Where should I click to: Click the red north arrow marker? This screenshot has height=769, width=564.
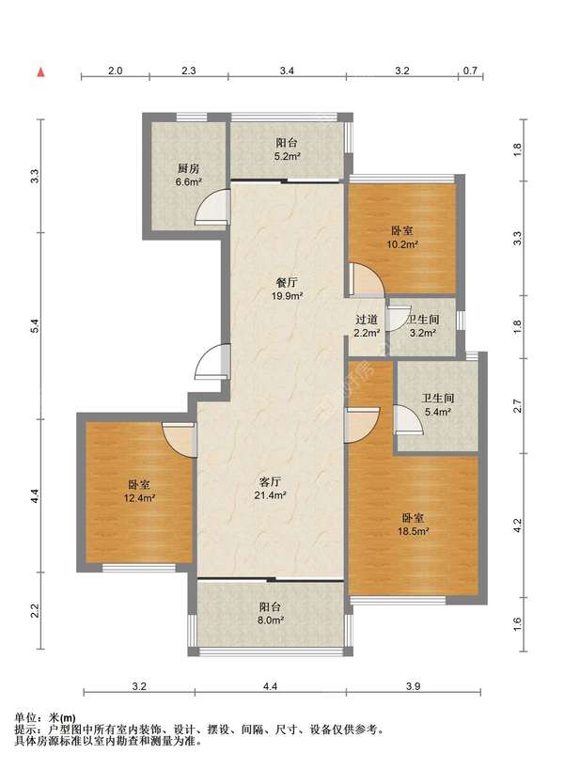point(41,72)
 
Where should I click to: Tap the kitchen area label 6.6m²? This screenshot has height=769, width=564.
point(189,182)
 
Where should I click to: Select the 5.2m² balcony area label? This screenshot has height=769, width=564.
point(287,156)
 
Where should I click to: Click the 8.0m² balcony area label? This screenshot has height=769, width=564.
point(271,620)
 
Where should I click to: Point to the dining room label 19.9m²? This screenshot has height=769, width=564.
point(287,296)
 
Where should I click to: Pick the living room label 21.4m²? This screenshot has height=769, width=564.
point(270,495)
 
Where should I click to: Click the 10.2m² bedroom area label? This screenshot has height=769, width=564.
point(402,244)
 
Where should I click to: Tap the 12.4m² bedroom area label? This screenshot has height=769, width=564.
point(139,498)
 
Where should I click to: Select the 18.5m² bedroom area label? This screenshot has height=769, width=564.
point(414,531)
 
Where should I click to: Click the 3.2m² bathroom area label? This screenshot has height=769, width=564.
point(423,333)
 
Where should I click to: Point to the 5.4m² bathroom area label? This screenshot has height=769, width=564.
point(437,412)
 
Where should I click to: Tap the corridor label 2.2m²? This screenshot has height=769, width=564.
point(367,333)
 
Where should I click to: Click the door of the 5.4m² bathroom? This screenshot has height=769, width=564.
point(409,420)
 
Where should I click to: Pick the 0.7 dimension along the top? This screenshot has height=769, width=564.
point(470,71)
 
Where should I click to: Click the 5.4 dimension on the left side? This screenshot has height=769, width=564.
point(34,325)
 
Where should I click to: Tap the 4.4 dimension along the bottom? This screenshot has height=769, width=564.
point(270,686)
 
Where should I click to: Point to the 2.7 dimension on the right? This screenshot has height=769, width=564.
point(517,406)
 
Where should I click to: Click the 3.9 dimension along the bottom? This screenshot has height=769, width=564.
point(414,686)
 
